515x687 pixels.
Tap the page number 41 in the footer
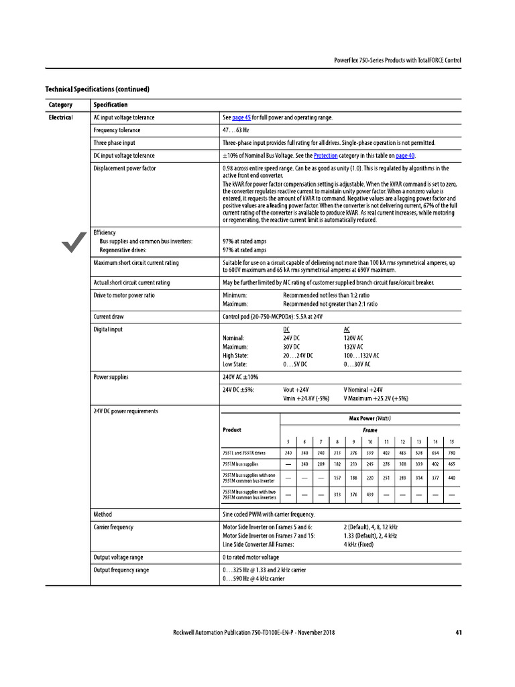coord(457,633)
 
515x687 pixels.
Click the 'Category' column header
coord(60,105)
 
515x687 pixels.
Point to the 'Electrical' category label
coord(60,117)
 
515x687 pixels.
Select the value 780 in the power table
coord(451,453)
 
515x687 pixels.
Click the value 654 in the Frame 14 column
coord(435,453)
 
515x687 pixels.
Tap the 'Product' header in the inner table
coord(231,429)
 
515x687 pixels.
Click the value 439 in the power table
coord(369,495)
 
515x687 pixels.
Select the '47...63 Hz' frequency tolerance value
coord(235,130)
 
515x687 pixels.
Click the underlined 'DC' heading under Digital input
coord(287,330)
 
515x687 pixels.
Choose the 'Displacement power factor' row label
coord(125,168)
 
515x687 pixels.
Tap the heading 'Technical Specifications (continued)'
coord(97,89)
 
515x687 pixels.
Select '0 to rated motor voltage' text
coord(251,558)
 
